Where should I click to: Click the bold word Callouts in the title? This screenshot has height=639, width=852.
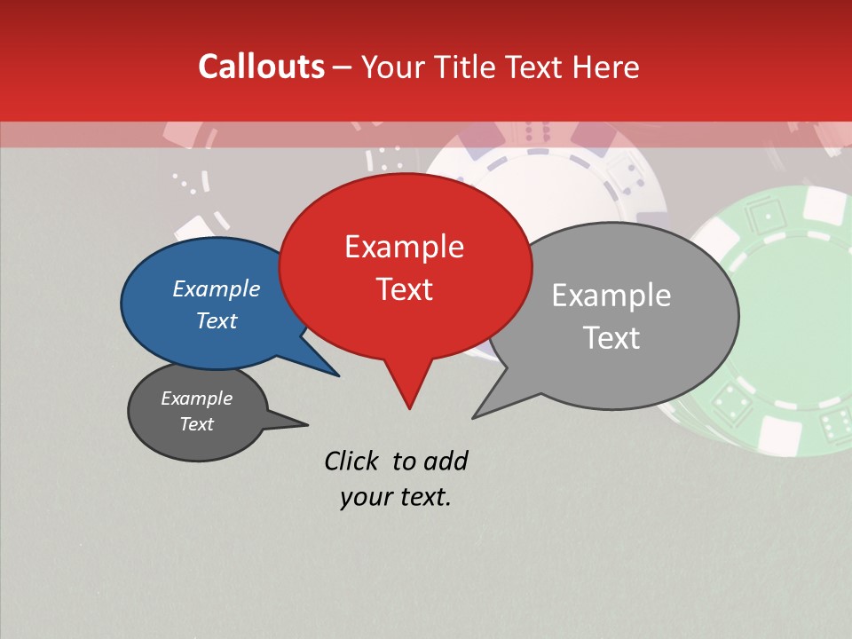261,67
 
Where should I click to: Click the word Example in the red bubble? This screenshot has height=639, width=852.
405,246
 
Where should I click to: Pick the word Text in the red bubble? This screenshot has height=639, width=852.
405,288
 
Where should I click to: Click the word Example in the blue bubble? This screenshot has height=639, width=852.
217,288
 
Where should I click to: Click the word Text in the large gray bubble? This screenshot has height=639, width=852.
612,337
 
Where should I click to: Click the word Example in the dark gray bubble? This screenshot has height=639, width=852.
197,398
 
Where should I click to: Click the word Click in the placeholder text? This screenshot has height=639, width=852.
352,460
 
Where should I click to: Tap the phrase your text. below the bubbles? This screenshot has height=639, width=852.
396,497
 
